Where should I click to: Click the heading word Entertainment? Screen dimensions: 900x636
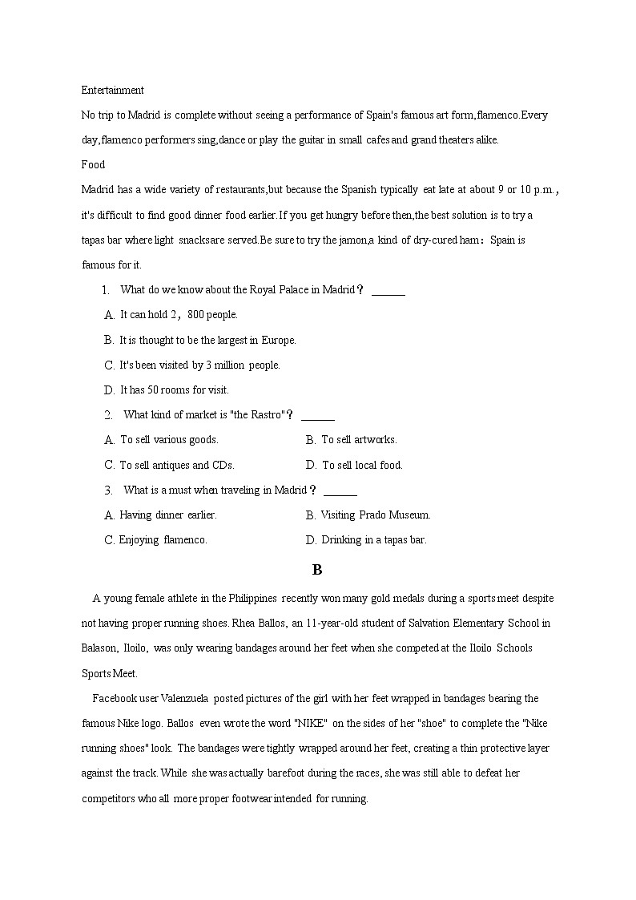coord(113,91)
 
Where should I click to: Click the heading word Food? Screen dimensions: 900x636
coord(93,165)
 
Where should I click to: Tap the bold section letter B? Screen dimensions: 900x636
coord(317,570)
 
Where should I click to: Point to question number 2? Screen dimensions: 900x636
coord(108,415)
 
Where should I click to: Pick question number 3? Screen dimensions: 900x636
coord(108,490)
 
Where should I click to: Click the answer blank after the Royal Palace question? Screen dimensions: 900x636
coord(388,291)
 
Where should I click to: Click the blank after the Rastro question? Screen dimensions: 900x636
coord(318,416)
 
